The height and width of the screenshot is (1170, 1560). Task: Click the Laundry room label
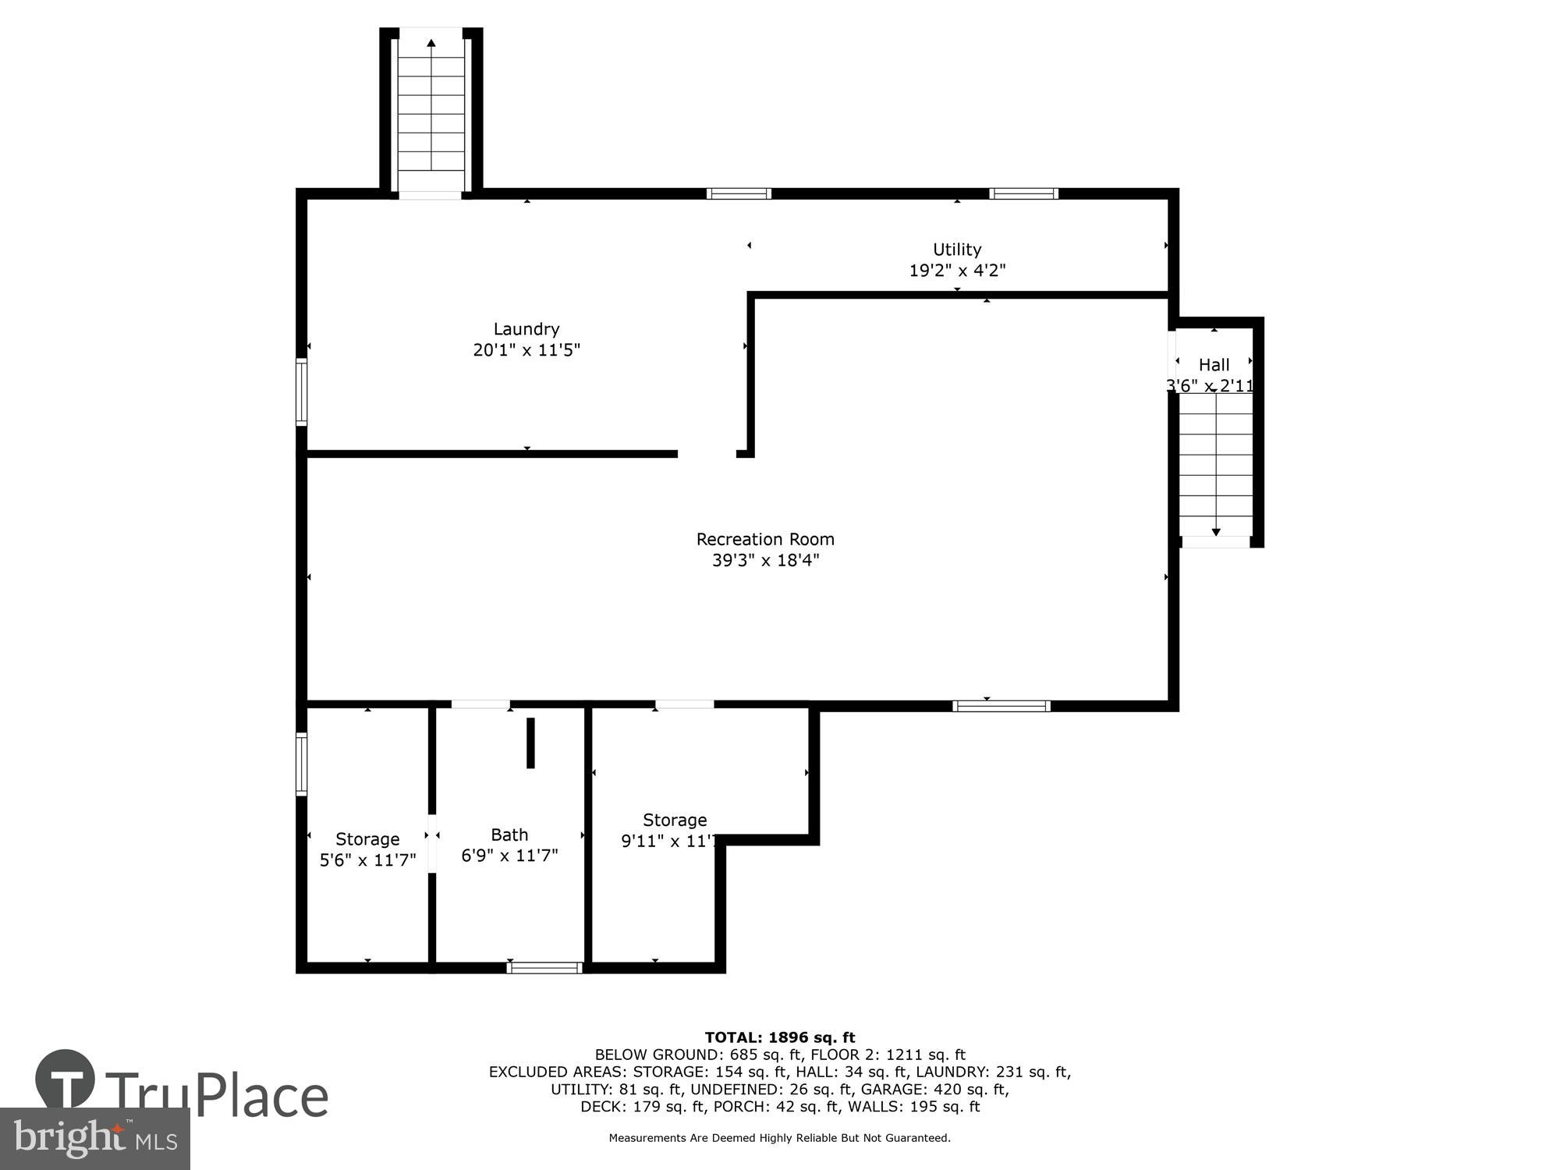(526, 329)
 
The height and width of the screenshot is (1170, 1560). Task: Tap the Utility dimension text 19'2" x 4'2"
(957, 271)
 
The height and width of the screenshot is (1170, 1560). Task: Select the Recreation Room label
(764, 539)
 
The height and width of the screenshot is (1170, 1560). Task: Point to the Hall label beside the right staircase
(1214, 364)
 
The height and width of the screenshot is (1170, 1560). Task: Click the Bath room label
(509, 835)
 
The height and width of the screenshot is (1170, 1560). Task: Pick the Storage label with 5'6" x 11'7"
(367, 839)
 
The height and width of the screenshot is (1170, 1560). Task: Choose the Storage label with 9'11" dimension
(675, 820)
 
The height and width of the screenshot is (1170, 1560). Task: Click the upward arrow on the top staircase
(431, 44)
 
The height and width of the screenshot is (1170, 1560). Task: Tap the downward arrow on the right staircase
(1215, 532)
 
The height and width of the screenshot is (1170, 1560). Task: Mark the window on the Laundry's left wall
(302, 392)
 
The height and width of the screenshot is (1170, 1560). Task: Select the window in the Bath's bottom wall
(544, 968)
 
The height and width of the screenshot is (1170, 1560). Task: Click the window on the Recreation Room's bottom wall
(1002, 706)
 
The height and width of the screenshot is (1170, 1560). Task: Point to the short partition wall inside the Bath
(530, 743)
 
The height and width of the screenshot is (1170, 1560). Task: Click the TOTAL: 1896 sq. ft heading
(779, 1037)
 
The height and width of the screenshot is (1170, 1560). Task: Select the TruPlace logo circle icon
(65, 1080)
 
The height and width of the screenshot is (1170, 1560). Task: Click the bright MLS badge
(94, 1139)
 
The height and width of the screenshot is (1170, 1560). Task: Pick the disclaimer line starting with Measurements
(779, 1138)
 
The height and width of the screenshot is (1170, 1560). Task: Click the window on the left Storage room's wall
(302, 764)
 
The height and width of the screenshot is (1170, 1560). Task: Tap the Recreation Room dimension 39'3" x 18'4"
(764, 560)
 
